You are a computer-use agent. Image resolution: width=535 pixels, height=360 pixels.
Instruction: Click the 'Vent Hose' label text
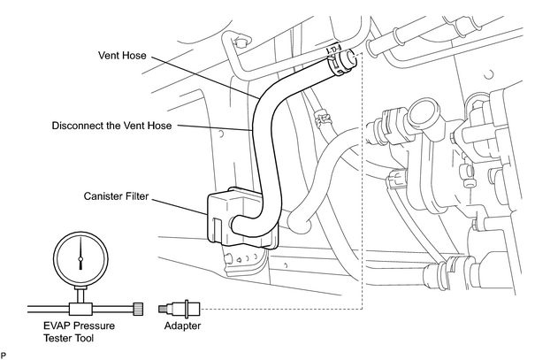coord(122,55)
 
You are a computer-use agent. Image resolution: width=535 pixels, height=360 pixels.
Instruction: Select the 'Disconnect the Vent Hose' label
coord(111,126)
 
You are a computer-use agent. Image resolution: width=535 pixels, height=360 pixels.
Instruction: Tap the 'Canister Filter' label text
coord(117,196)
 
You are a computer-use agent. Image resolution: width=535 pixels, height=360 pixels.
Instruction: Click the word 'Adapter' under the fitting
coord(182,326)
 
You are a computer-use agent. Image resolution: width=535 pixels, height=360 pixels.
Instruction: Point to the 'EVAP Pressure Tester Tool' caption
coord(79,332)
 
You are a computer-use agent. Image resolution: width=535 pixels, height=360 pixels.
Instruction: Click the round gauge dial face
coord(81,258)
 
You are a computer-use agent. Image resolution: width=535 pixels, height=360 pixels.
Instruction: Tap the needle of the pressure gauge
coord(80,253)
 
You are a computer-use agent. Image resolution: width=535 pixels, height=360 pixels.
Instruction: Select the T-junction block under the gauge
coord(81,309)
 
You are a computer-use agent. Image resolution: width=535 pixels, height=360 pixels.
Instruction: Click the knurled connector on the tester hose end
coord(138,309)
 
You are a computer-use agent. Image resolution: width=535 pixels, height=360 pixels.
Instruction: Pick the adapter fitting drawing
coord(180,310)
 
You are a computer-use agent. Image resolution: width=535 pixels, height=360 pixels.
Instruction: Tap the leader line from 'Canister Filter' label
coord(179,206)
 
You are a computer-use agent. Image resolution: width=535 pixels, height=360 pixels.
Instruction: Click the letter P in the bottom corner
coord(3,356)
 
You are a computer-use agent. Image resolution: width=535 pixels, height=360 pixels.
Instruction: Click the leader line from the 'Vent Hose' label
coord(205,78)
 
